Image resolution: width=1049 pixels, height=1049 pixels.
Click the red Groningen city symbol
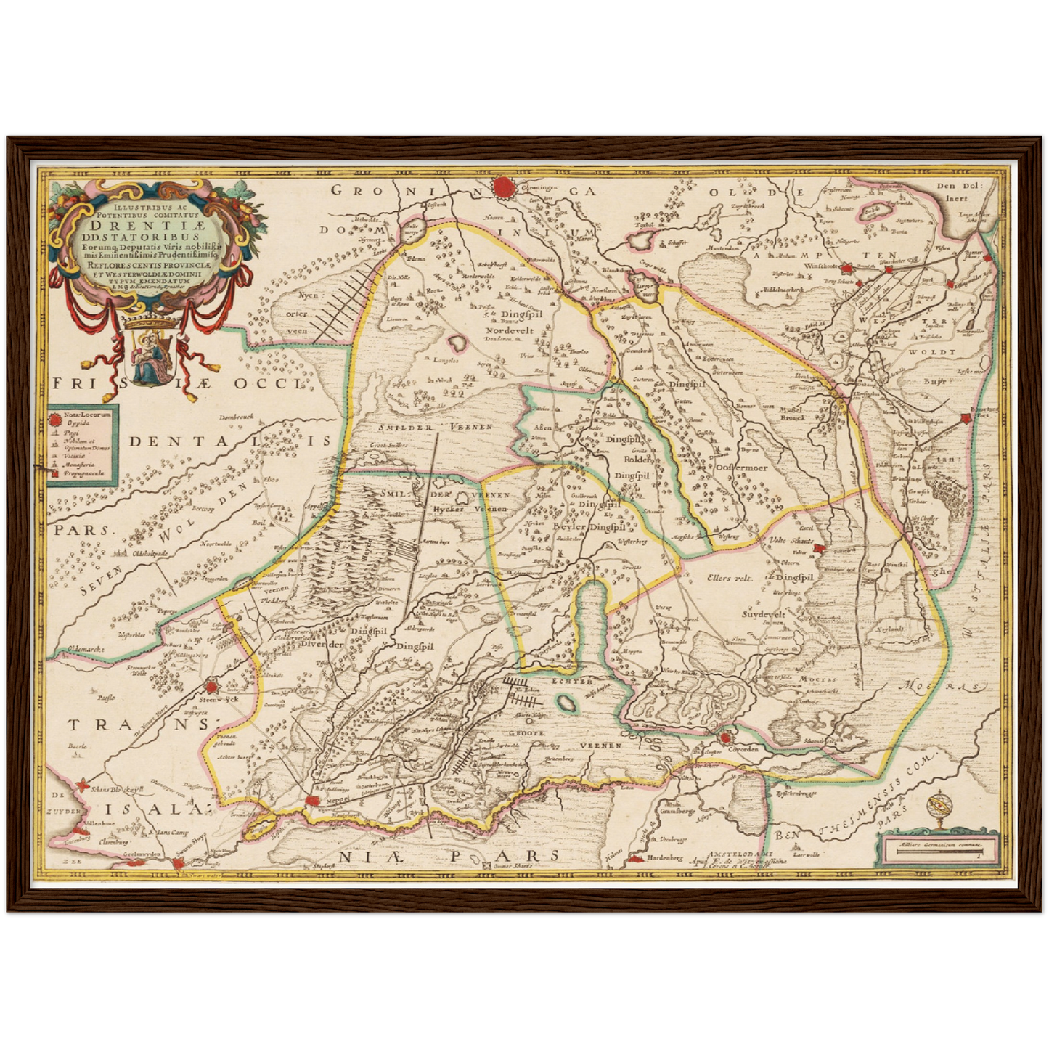(503, 188)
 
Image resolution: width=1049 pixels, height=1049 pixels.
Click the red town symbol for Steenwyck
(211, 686)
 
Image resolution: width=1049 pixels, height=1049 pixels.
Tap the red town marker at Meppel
(313, 799)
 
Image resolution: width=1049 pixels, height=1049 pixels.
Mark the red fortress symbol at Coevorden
(725, 738)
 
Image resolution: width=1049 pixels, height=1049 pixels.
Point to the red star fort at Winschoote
(887, 270)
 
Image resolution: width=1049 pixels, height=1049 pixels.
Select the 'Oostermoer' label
(741, 468)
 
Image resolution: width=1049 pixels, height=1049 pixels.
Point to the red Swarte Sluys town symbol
(179, 863)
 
